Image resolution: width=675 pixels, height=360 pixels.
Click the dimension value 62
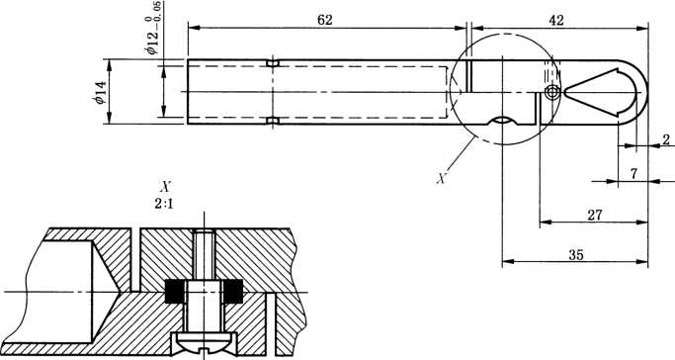click(x=324, y=20)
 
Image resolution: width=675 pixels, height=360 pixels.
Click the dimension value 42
click(x=555, y=20)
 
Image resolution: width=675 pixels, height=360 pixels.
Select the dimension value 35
click(x=576, y=255)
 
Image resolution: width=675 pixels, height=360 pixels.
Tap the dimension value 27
click(x=595, y=216)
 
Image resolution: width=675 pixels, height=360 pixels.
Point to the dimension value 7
click(x=633, y=174)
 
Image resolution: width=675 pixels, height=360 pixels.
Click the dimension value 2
click(x=666, y=139)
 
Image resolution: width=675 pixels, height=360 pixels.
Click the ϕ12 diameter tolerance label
click(x=154, y=28)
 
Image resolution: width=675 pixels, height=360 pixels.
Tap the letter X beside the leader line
click(x=441, y=178)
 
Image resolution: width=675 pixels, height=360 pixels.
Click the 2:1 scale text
click(x=164, y=204)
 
